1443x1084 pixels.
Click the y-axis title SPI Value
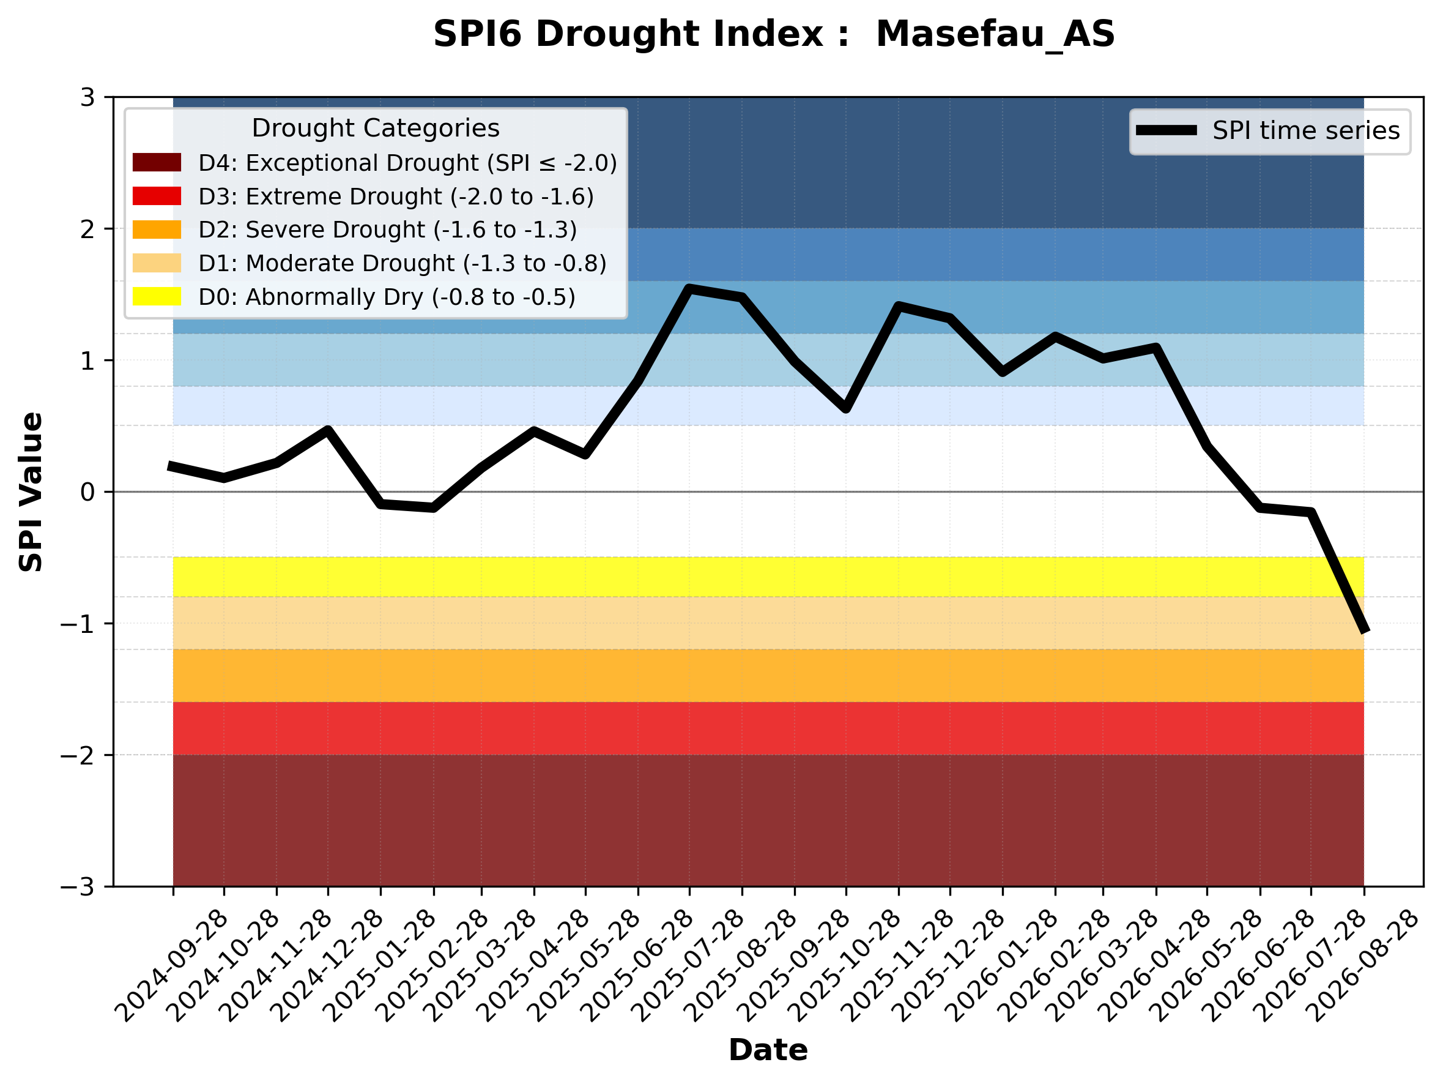point(31,492)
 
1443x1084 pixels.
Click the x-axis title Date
point(768,1050)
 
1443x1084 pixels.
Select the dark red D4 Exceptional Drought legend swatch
point(157,162)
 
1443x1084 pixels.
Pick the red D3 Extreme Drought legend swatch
point(157,196)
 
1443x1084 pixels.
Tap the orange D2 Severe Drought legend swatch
point(157,230)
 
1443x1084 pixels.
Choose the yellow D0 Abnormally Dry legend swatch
point(157,296)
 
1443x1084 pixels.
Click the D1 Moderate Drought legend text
point(402,263)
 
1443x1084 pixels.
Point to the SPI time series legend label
point(1306,130)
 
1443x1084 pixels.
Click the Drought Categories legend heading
point(376,128)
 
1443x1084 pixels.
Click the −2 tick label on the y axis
point(78,755)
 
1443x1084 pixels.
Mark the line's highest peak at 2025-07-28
point(689,288)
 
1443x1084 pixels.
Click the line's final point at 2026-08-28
point(1363,630)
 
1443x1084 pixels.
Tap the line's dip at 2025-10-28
point(846,408)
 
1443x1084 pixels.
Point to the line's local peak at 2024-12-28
point(328,430)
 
